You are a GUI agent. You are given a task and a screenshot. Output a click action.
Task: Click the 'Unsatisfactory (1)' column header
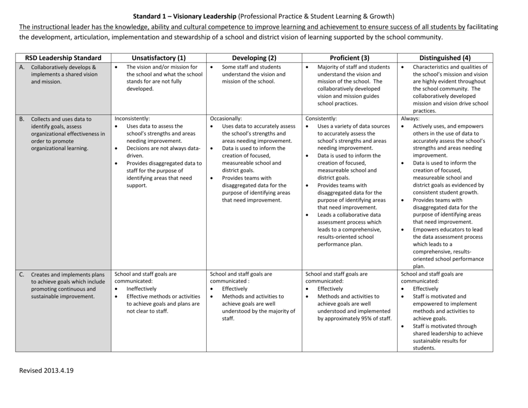coord(158,58)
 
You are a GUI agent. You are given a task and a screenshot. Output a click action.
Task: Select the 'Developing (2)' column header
coord(254,58)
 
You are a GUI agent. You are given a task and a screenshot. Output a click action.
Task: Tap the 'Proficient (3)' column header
coord(350,58)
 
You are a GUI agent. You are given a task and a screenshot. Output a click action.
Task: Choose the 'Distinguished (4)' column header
coord(445,58)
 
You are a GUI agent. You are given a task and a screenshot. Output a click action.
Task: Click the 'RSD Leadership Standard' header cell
coord(63,58)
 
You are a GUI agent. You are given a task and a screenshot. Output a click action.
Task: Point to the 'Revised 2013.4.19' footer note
coord(46,370)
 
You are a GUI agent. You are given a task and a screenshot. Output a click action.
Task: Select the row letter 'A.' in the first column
coord(22,67)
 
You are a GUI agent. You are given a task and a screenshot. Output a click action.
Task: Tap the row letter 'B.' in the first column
coord(22,119)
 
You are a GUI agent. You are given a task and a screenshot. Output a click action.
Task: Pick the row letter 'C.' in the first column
coord(22,274)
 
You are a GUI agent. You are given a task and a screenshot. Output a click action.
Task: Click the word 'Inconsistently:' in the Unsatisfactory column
coord(132,119)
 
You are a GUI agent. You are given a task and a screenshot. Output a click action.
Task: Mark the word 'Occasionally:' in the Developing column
coord(226,119)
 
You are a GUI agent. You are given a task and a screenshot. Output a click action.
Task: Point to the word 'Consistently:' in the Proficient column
coord(321,119)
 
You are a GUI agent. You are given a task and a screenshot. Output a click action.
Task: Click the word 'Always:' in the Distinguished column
coord(410,119)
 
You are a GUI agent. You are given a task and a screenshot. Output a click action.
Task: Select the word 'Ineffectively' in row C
coord(141,289)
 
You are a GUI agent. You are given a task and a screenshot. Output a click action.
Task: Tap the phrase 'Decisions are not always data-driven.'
coord(163,152)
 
